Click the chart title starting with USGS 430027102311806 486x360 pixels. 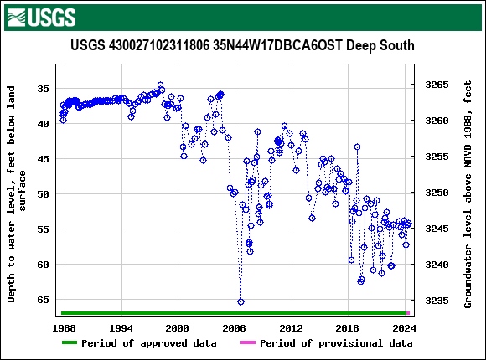(242, 45)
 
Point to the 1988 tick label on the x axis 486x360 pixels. (65, 327)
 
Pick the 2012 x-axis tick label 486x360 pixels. (292, 327)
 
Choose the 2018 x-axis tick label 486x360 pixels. (348, 327)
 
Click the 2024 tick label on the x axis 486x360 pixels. (405, 327)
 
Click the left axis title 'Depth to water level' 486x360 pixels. (18, 193)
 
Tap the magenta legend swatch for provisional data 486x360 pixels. (247, 343)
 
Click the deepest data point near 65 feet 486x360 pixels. (240, 301)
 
